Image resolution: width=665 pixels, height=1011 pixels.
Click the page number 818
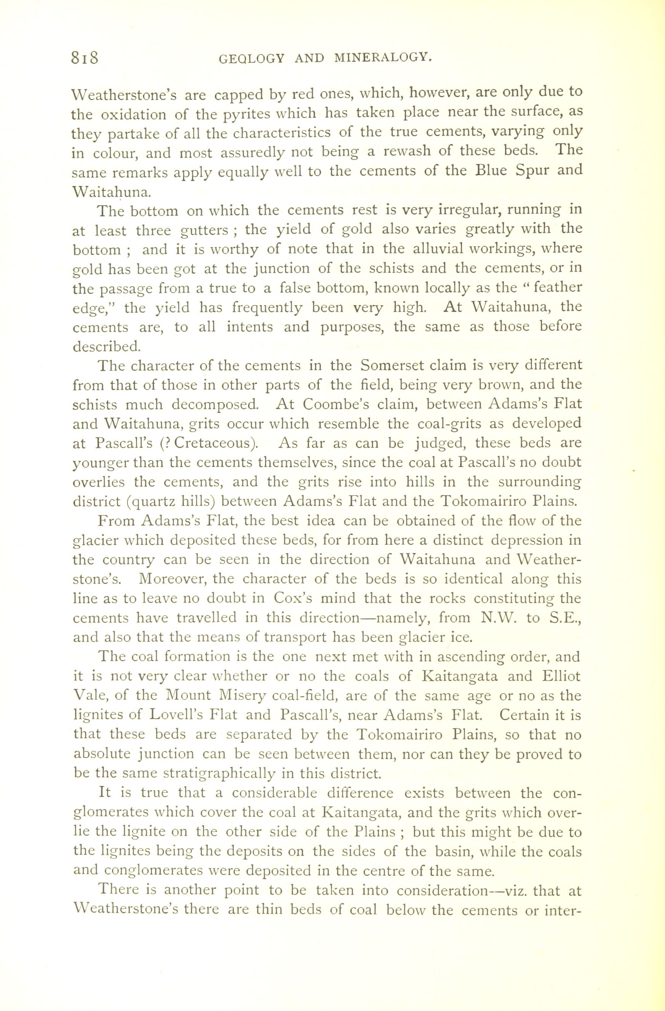[x=85, y=57]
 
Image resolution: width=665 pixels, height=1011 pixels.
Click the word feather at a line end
[x=557, y=288]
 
